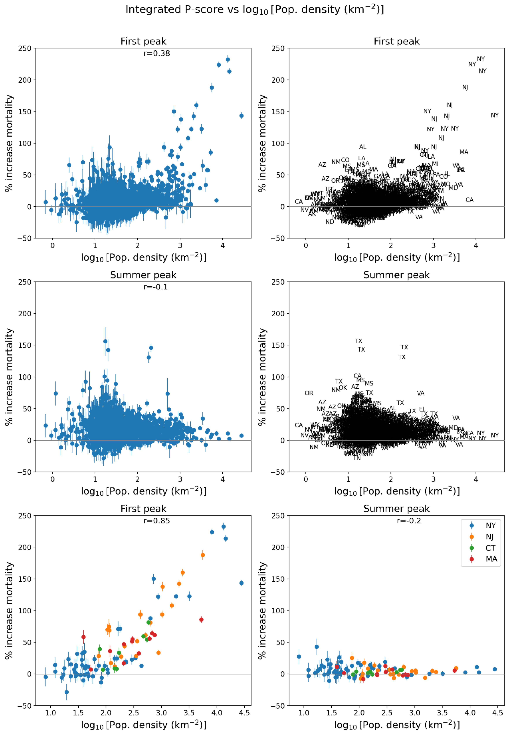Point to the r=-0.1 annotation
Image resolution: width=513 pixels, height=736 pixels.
(x=155, y=287)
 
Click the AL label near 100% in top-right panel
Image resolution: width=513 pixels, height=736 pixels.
(x=362, y=147)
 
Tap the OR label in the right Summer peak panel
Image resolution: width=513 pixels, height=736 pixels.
(x=309, y=393)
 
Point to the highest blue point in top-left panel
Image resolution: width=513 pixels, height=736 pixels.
(x=228, y=59)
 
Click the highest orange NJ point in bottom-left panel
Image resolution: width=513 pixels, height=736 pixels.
(x=203, y=555)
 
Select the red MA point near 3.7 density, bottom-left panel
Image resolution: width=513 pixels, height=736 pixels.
(x=201, y=620)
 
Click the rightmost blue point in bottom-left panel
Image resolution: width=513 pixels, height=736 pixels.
(x=241, y=583)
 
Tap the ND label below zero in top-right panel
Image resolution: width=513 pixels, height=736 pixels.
(x=329, y=222)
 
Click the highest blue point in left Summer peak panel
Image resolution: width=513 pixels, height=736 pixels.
(x=105, y=341)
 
